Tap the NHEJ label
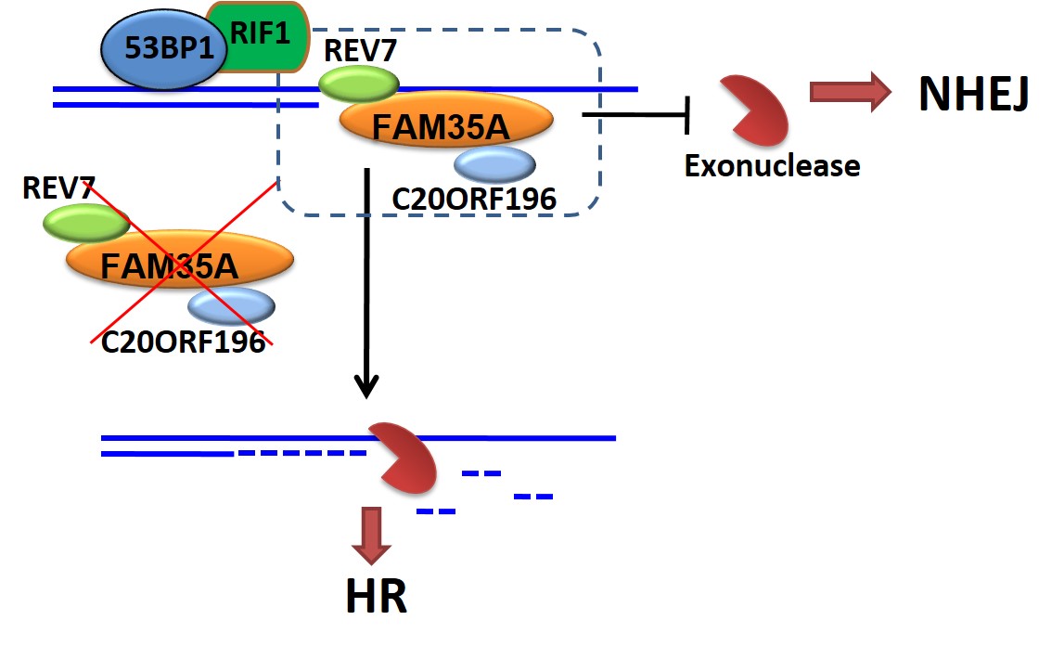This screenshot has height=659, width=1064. pyautogui.click(x=973, y=93)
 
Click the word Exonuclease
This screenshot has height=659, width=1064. pyautogui.click(x=772, y=166)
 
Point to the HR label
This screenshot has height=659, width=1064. pyautogui.click(x=376, y=597)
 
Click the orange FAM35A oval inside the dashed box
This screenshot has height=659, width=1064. pyautogui.click(x=446, y=121)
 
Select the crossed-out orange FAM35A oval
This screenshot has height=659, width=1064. pyautogui.click(x=178, y=263)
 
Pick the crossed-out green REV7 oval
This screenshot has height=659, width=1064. pyautogui.click(x=86, y=223)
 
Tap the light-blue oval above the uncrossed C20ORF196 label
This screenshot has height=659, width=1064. pyautogui.click(x=494, y=163)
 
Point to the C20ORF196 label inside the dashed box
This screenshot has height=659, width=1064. pyautogui.click(x=473, y=198)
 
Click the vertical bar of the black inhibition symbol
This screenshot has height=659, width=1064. pyautogui.click(x=687, y=115)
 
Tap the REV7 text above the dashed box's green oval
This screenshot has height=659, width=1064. pyautogui.click(x=360, y=51)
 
